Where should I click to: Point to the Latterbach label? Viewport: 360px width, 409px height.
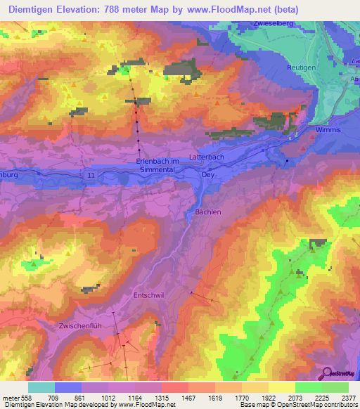pos(207,157)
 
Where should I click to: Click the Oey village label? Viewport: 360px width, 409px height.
pos(208,176)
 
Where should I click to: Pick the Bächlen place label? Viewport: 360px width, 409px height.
pos(207,212)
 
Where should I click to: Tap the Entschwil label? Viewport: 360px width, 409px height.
pos(148,296)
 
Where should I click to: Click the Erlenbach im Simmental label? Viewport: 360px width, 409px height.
pos(158,165)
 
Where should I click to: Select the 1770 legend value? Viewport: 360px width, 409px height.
pos(242,397)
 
